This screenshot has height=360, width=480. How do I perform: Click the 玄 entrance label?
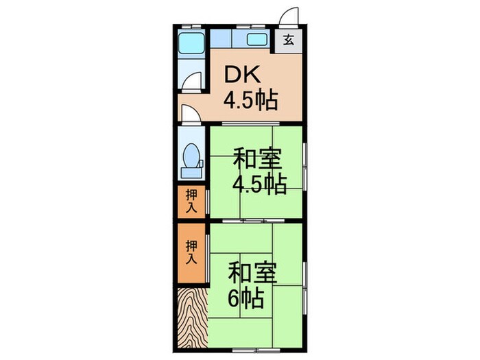point(288,38)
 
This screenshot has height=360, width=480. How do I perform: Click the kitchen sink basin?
point(256,39)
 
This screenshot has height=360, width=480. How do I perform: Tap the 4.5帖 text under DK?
point(250,101)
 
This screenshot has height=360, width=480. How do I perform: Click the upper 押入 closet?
point(192,201)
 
